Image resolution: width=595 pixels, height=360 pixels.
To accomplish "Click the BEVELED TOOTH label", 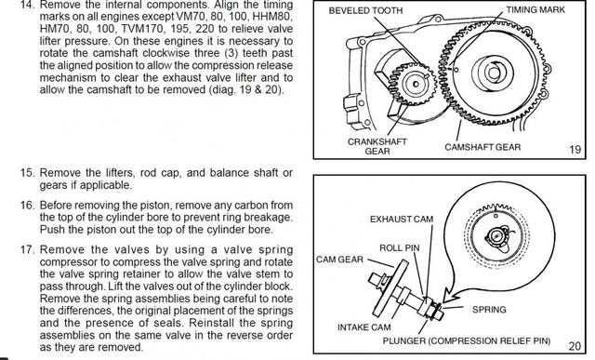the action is [x=365, y=10].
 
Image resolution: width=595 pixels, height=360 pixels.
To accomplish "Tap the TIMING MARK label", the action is [x=535, y=9].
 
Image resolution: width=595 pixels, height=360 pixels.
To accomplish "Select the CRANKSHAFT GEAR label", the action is [x=377, y=146].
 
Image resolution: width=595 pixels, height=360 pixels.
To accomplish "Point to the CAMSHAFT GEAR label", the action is [x=483, y=147].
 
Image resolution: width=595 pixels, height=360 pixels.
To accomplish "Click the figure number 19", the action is [x=575, y=149].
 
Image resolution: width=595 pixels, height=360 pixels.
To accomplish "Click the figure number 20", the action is [x=575, y=346].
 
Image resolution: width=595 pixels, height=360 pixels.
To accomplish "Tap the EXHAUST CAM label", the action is [x=402, y=220].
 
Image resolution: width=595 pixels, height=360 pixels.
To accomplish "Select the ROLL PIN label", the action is [x=400, y=248].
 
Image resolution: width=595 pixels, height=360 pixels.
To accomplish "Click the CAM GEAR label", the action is [x=339, y=260].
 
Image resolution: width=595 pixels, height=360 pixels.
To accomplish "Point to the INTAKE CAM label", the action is [x=364, y=327].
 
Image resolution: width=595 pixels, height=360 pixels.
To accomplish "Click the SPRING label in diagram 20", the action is [x=489, y=310].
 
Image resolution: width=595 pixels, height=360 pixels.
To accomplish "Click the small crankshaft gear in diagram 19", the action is [x=413, y=84].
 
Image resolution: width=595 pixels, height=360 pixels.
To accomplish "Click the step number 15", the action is [x=27, y=173].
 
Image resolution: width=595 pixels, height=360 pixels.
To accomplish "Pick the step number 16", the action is [x=27, y=206].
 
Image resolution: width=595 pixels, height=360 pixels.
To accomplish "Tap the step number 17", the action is [x=27, y=250].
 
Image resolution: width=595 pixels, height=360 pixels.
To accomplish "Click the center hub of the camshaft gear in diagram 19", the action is [x=493, y=73].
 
